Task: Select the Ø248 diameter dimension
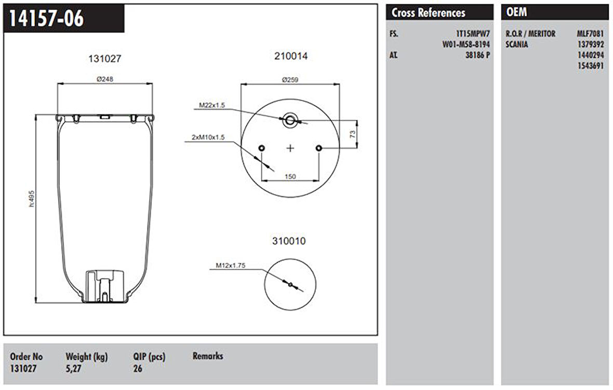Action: [x=104, y=79]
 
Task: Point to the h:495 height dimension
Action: [x=32, y=199]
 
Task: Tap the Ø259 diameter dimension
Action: [x=290, y=79]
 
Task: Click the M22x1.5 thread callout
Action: [x=212, y=105]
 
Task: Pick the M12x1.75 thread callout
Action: [x=231, y=266]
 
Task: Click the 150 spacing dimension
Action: [x=290, y=176]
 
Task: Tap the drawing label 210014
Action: [x=290, y=57]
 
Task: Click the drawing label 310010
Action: [x=289, y=241]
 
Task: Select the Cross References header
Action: [x=429, y=13]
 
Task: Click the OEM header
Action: [x=516, y=12]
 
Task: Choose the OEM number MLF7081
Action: [x=590, y=34]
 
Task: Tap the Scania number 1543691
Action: [x=590, y=66]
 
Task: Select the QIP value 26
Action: [x=138, y=369]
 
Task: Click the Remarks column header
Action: [x=208, y=356]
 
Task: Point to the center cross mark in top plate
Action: [x=290, y=148]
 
